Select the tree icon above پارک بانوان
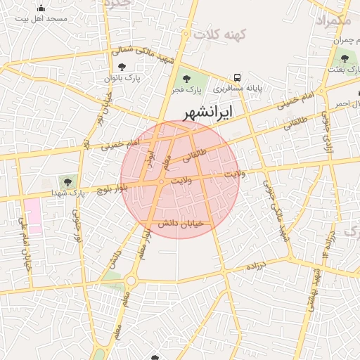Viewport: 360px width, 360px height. pos(122,67)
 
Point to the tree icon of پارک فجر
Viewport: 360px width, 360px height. pos(186,78)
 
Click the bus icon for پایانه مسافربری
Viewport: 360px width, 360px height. pos(238,77)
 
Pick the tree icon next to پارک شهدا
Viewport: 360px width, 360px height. pos(67,181)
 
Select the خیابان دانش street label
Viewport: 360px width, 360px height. pos(179,223)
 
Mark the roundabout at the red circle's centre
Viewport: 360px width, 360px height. pos(162,182)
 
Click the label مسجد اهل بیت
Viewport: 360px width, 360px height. pos(46,18)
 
